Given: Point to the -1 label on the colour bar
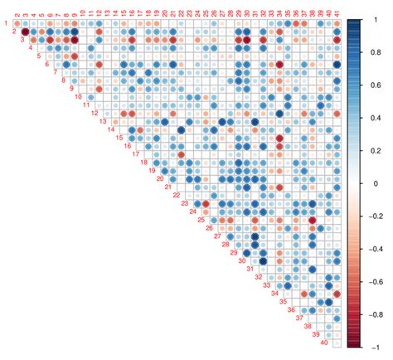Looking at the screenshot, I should (x=373, y=346).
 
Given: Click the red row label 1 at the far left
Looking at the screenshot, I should (x=6, y=23).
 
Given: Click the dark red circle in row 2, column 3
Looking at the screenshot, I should (x=25, y=32).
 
